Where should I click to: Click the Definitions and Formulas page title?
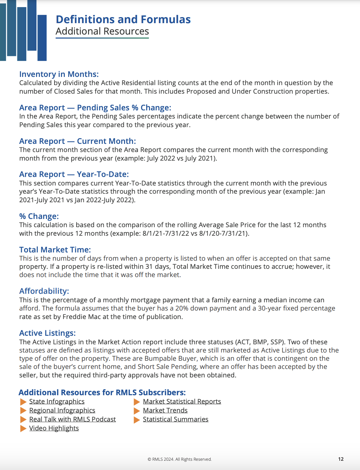pos(123,19)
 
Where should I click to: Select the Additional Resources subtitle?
pos(102,31)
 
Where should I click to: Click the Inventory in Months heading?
pos(59,74)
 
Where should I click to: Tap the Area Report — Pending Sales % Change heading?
pos(95,108)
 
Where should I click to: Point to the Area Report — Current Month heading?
pos(77,141)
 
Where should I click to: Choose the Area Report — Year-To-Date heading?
pos(74,174)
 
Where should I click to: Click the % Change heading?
pos(39,216)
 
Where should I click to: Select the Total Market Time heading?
pos(55,250)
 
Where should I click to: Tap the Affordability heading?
pos(44,291)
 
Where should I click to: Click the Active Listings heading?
pos(47,333)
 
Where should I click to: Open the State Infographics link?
pos(57,401)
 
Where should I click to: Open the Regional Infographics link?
pos(62,410)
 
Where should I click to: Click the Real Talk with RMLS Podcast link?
pos(72,419)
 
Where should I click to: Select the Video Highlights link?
pos(54,428)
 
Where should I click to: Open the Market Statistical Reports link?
pos(182,401)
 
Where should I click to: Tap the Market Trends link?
pos(165,410)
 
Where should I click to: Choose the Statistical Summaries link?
pos(175,419)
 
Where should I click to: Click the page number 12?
pos(341,459)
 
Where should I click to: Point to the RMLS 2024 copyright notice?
pos(180,459)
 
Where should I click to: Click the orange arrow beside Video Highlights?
pos(23,428)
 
